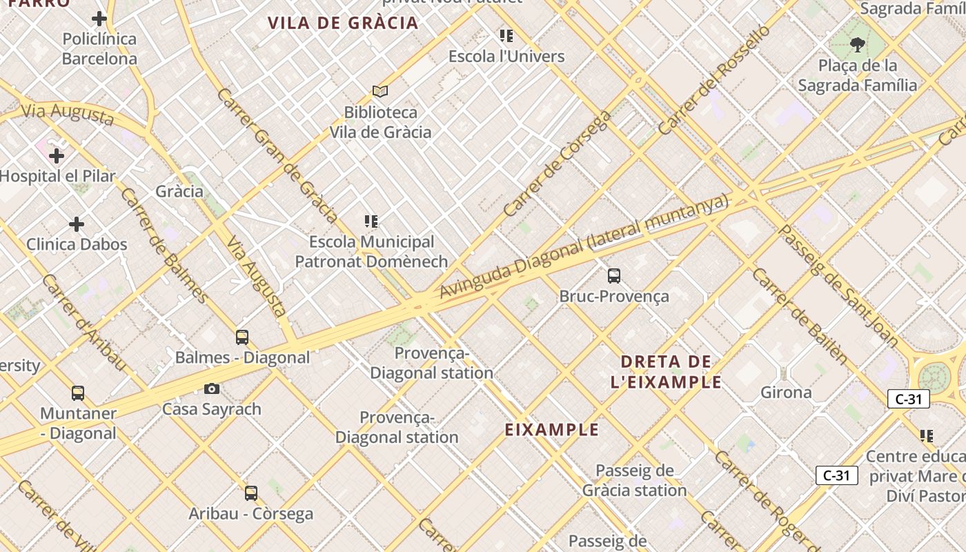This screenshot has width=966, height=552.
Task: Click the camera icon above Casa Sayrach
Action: (x=212, y=389)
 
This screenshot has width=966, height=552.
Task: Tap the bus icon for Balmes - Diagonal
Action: (x=242, y=337)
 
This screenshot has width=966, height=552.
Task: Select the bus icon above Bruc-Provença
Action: (x=614, y=276)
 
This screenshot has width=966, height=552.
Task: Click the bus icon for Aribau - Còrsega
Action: (x=251, y=493)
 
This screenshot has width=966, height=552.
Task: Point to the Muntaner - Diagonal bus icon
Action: (x=78, y=393)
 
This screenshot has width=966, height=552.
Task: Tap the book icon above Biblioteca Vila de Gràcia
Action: (x=380, y=91)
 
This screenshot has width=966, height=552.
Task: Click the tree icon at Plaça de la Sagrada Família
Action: (x=858, y=46)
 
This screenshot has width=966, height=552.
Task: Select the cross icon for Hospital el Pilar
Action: (x=57, y=156)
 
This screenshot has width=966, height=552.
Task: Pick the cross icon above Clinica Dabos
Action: (x=77, y=224)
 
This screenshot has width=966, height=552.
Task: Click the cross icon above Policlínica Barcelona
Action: (x=99, y=19)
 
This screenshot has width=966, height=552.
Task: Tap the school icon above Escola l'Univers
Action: (x=506, y=36)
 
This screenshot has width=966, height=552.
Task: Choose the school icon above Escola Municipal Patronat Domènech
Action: (x=371, y=221)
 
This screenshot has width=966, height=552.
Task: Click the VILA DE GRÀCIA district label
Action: (x=343, y=23)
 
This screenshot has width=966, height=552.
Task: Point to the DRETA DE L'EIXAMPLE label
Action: (x=666, y=372)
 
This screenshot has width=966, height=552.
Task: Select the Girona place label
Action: (x=786, y=393)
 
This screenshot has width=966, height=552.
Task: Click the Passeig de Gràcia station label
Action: (x=634, y=480)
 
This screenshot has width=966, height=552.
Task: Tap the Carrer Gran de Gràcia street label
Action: (x=277, y=156)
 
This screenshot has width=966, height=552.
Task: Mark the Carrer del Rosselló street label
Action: (x=713, y=80)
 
